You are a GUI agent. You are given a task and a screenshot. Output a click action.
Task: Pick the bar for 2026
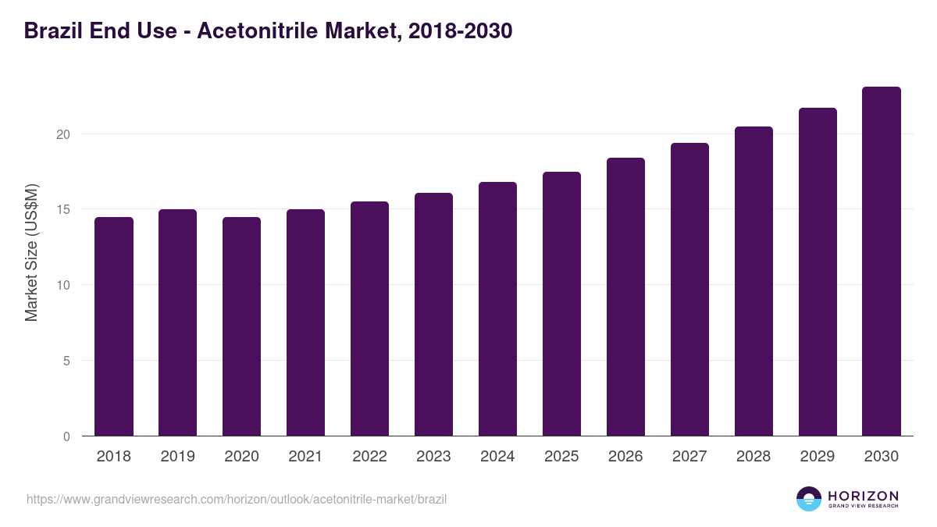(x=625, y=297)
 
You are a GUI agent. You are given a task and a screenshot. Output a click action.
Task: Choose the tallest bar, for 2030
(x=882, y=262)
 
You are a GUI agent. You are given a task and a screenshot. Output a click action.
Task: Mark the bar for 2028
(x=754, y=281)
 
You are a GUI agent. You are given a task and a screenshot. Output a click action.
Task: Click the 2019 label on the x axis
(x=178, y=457)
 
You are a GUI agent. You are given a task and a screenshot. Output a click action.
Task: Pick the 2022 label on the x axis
(x=369, y=457)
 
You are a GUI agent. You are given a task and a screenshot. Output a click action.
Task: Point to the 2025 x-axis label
(x=561, y=457)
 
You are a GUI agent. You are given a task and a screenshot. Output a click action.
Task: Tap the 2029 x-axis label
(x=818, y=457)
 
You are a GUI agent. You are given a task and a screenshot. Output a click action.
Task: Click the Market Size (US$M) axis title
(x=31, y=252)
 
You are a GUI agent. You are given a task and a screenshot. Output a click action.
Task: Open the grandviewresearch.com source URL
(x=237, y=499)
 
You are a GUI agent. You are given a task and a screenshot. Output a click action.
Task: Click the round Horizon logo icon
(x=809, y=499)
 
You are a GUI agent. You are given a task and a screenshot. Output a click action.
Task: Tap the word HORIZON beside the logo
(x=863, y=496)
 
